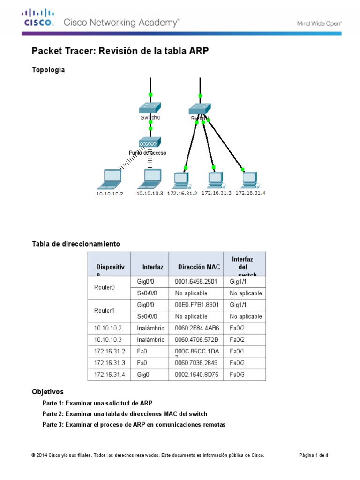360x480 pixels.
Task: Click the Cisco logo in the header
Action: pos(39,18)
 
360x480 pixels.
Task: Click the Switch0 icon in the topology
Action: pos(150,108)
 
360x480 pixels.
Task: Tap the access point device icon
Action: pos(150,142)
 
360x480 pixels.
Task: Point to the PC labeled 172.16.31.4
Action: pos(249,179)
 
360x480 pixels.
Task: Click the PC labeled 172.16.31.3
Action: pos(215,179)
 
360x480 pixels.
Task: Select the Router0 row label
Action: pos(100,287)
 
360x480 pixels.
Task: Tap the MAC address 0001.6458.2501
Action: pos(193,282)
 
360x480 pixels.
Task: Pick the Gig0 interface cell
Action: pos(145,375)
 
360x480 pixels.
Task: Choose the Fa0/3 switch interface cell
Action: pos(238,375)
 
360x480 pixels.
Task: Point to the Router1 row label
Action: pos(100,311)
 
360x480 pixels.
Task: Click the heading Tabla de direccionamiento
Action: pos(75,244)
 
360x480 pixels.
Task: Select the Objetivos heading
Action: pos(47,391)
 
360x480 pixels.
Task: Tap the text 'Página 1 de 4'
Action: pos(314,455)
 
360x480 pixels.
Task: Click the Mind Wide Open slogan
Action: pos(319,22)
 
